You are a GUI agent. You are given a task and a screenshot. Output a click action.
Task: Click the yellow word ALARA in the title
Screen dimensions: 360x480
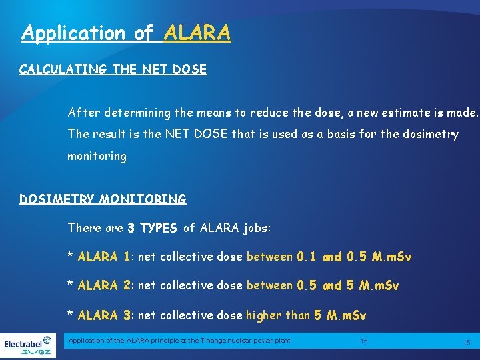[197, 33]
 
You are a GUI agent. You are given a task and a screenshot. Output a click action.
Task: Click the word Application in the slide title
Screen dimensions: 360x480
[64, 33]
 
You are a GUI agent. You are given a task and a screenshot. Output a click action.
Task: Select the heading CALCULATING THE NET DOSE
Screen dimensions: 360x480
[113, 69]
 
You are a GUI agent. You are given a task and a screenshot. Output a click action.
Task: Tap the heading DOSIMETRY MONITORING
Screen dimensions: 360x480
[103, 199]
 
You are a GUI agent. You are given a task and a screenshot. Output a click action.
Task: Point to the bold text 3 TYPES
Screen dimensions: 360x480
[152, 228]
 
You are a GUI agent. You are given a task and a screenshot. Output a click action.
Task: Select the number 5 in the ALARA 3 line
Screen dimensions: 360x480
[317, 315]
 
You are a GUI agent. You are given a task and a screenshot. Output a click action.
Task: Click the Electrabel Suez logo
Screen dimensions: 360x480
[28, 346]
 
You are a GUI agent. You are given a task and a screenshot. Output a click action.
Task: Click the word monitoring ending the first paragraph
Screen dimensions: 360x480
[97, 156]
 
